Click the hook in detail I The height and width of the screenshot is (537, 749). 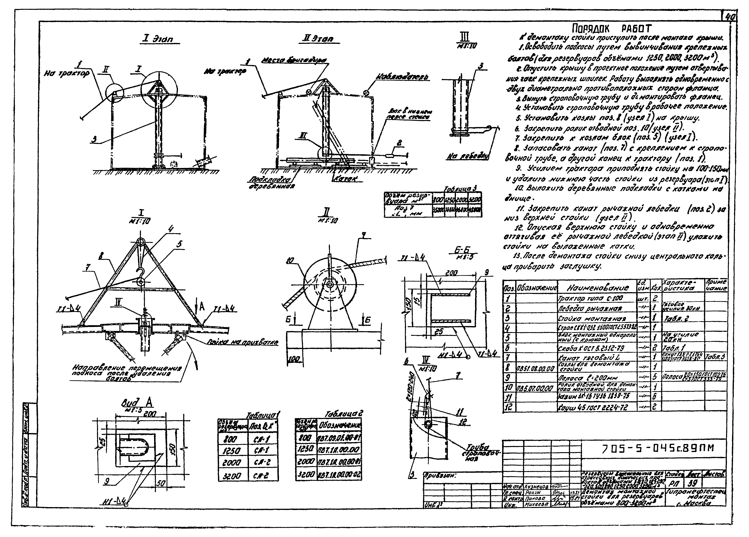pyautogui.click(x=141, y=274)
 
